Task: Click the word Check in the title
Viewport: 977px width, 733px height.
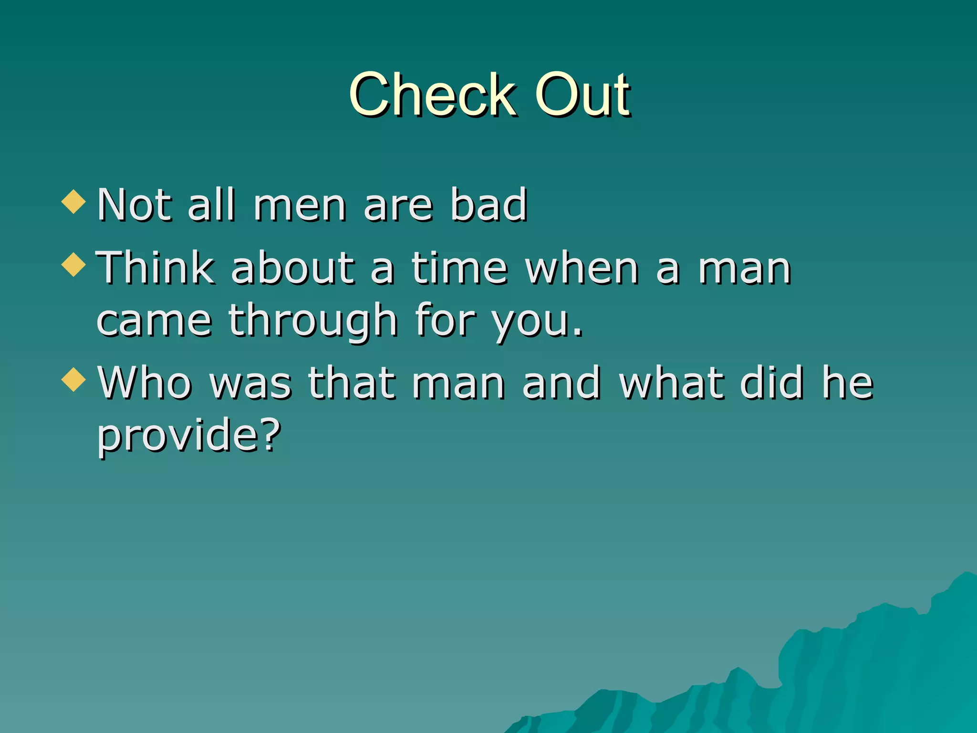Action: pos(432,94)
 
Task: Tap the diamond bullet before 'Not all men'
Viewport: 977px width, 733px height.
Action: pos(73,201)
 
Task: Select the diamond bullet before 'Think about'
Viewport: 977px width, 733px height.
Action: pos(73,264)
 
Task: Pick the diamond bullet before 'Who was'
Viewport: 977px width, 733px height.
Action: pos(73,380)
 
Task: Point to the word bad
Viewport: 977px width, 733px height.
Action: pos(488,205)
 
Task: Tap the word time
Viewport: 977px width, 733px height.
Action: pos(459,268)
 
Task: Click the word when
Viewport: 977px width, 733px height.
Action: pos(582,268)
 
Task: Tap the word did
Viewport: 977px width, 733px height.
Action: pos(771,383)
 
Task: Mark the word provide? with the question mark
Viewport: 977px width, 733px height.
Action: pos(189,435)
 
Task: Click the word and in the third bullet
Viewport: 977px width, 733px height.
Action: pos(561,383)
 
